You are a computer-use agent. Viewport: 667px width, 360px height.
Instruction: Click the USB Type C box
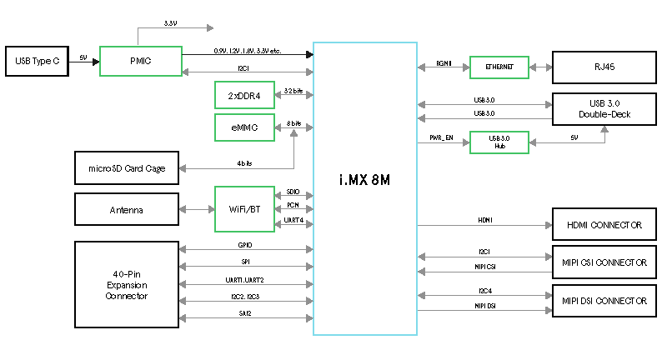click(37, 61)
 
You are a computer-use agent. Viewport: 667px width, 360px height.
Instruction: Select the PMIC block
click(140, 62)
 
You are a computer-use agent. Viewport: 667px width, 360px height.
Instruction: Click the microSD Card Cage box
click(127, 168)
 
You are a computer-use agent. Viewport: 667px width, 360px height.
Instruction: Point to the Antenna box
click(127, 210)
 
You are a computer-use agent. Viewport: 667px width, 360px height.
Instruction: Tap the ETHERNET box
click(499, 67)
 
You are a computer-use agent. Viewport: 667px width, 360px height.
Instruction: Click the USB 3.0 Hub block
click(499, 142)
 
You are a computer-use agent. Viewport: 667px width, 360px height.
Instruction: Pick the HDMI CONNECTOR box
click(604, 225)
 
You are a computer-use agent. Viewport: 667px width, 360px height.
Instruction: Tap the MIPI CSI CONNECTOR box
click(604, 262)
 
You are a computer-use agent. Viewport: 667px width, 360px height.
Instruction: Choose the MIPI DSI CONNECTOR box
click(604, 300)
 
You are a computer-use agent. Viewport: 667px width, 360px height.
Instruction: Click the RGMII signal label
click(444, 63)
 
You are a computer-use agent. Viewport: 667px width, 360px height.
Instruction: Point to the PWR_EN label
click(441, 137)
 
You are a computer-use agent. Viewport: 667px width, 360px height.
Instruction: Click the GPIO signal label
click(245, 246)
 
